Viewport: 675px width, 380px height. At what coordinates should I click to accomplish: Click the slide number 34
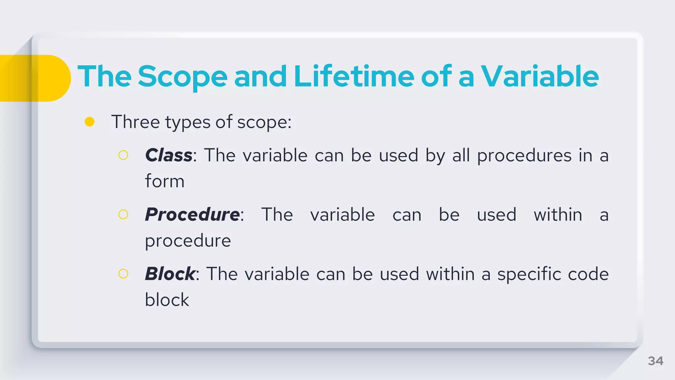(x=655, y=361)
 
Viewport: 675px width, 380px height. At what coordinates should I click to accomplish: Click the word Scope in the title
(x=182, y=77)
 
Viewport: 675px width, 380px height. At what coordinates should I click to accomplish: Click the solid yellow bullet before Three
(x=90, y=122)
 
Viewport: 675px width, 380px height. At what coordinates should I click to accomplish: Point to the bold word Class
(x=169, y=155)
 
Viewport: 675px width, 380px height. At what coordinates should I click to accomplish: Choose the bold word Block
(x=170, y=274)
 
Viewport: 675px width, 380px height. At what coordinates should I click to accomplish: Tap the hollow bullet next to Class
(x=123, y=155)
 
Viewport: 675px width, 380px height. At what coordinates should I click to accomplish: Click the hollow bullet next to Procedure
(x=123, y=214)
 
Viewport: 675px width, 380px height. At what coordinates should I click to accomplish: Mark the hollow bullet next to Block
(x=123, y=274)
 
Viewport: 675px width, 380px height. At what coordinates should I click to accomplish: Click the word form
(x=165, y=181)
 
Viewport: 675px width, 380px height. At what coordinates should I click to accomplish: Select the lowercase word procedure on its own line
(x=188, y=241)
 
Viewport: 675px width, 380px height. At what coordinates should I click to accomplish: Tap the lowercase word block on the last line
(x=167, y=300)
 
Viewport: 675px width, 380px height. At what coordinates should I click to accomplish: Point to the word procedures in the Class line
(x=524, y=156)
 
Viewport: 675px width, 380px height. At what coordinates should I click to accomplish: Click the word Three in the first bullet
(x=135, y=122)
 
